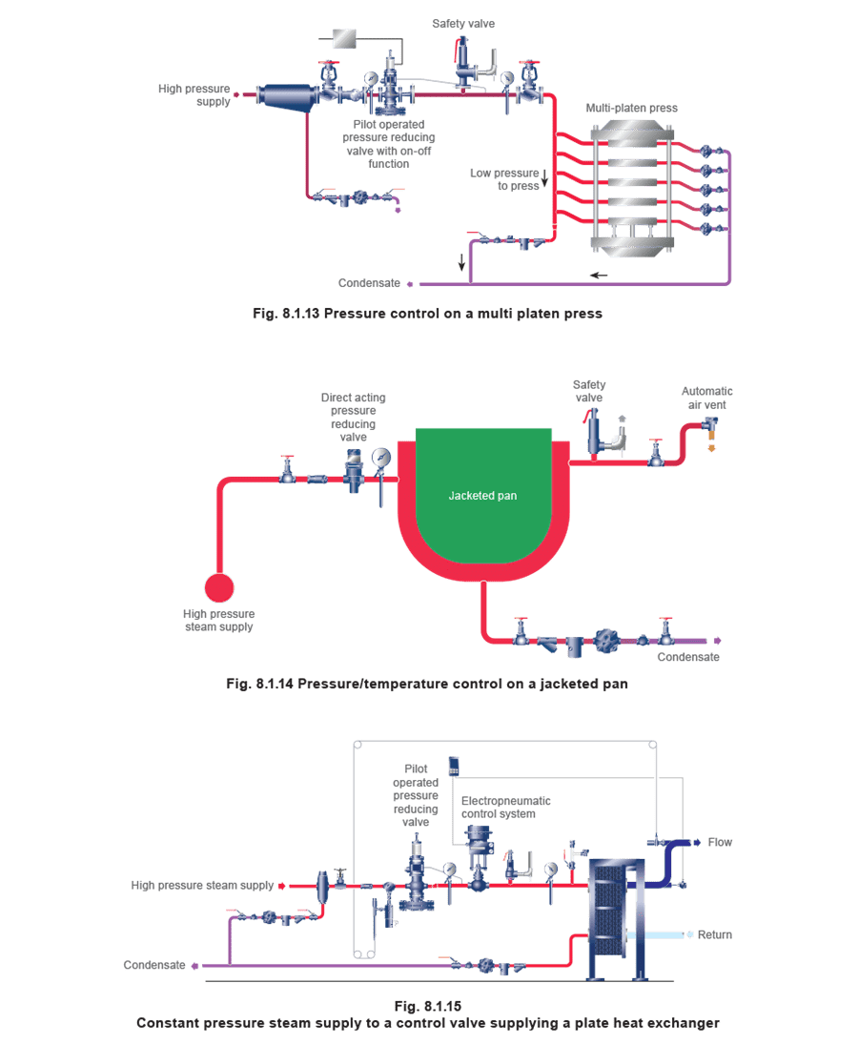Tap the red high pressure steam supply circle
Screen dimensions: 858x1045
tap(219, 587)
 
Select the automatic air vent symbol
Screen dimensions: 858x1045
tap(711, 430)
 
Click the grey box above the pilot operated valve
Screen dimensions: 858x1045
tap(344, 39)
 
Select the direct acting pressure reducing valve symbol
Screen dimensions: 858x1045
tap(353, 470)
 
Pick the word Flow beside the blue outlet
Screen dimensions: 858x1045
tap(720, 843)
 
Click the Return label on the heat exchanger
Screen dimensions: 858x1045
tap(715, 935)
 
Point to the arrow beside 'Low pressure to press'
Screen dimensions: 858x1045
tap(544, 178)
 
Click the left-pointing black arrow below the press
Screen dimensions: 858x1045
tap(599, 275)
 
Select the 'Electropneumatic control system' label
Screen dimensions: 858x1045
tap(505, 807)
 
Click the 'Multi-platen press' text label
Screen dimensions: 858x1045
tap(631, 108)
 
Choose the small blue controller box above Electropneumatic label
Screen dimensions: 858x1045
tap(454, 767)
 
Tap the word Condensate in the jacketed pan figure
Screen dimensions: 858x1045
tap(688, 657)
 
